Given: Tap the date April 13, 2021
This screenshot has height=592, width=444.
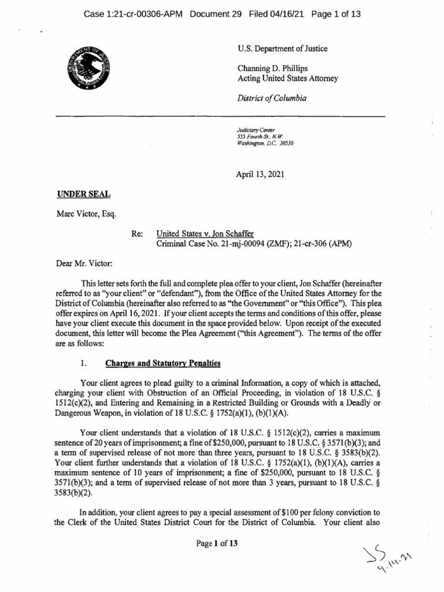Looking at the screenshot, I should coord(260,173).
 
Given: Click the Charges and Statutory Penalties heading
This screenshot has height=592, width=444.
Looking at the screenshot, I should coord(162,363).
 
